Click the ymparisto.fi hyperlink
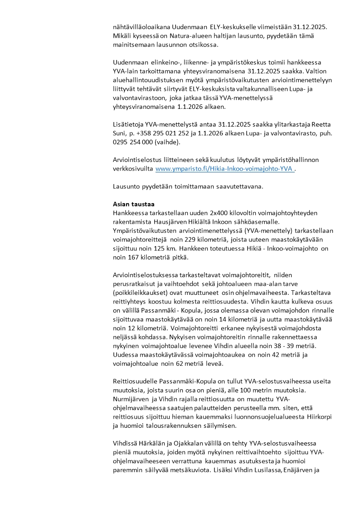[x=225, y=169]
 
